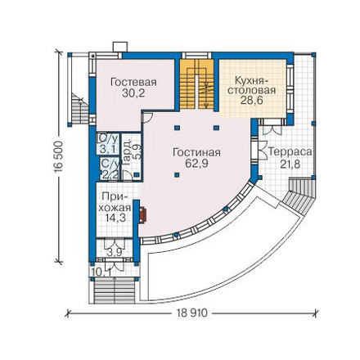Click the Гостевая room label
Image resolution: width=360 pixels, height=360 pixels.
[133, 82]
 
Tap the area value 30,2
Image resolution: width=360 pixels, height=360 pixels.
[133, 93]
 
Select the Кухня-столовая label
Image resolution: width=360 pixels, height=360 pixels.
[251, 85]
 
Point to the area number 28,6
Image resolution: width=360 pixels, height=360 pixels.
[251, 101]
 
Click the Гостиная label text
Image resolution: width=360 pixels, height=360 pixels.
[196, 152]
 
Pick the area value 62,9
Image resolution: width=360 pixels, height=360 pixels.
[196, 164]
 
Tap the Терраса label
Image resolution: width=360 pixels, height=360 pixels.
[290, 152]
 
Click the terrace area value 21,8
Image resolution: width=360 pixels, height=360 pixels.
[290, 164]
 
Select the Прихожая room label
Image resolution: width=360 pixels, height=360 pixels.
[115, 202]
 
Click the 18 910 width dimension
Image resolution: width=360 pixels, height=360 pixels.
[191, 313]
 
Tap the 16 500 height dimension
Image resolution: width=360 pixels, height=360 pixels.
[58, 156]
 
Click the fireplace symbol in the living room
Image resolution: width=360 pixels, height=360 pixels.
[142, 215]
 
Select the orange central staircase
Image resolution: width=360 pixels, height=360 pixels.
[196, 84]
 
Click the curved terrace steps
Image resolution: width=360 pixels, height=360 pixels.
[299, 195]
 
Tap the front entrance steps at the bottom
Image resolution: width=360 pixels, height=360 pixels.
[115, 291]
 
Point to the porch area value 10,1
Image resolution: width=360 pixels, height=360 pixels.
[102, 272]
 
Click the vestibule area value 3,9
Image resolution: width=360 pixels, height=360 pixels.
[114, 253]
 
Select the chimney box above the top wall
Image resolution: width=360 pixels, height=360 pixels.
[120, 47]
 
